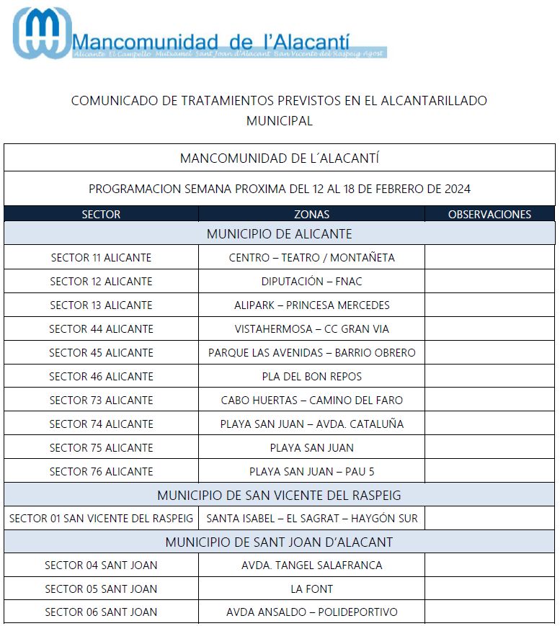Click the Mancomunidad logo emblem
[x=42, y=33]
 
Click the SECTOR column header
[x=101, y=214]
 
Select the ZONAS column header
[x=311, y=214]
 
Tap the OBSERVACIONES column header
[x=489, y=214]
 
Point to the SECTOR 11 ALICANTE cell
[x=101, y=257]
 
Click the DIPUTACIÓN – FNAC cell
[x=311, y=281]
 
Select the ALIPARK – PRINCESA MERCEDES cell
[x=311, y=305]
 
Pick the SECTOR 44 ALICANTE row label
[x=101, y=328]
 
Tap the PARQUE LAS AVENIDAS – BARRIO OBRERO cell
[x=311, y=352]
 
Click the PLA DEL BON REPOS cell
[x=311, y=376]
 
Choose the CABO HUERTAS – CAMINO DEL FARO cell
[x=311, y=400]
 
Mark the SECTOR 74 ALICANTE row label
[x=101, y=424]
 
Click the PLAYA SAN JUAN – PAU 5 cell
[x=311, y=471]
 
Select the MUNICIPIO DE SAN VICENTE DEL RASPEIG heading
[x=279, y=496]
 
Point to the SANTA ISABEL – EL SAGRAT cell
[x=311, y=518]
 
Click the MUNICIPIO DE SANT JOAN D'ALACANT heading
[x=279, y=542]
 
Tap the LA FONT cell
[x=311, y=589]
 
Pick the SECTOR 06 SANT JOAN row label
[x=101, y=612]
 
